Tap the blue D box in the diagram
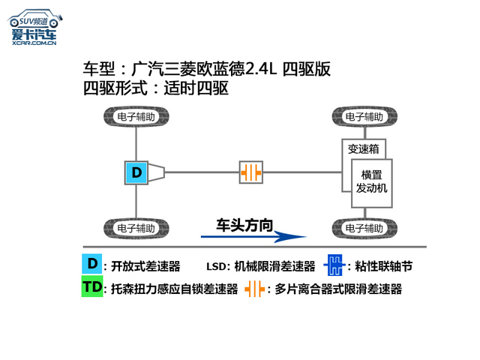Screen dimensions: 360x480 click(136, 172)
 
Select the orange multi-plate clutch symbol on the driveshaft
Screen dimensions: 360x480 click(251, 172)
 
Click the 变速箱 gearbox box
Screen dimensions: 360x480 click(362, 148)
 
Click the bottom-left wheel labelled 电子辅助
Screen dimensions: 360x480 click(136, 227)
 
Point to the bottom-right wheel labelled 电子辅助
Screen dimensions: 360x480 click(365, 227)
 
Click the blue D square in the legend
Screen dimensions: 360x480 click(91, 264)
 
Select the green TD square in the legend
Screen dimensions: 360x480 click(91, 287)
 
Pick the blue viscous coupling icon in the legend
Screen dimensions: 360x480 click(334, 265)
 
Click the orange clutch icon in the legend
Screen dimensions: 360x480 click(256, 289)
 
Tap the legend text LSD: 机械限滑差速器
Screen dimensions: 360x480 click(260, 266)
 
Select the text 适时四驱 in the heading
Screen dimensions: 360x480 click(196, 88)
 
